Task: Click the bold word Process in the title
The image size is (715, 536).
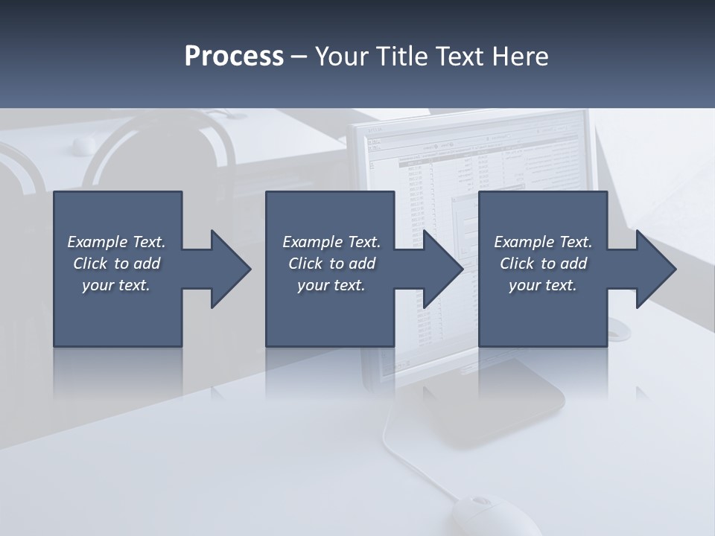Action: click(x=234, y=57)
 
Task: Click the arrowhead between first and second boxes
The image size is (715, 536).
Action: click(x=227, y=269)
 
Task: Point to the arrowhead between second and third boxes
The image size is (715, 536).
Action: click(x=439, y=269)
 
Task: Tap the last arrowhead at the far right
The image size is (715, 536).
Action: click(x=652, y=269)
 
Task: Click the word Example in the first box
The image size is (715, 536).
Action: click(x=98, y=242)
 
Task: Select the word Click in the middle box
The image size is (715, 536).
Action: click(x=305, y=264)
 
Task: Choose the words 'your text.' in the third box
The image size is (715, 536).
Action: click(x=542, y=285)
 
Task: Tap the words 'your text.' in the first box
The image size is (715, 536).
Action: click(x=116, y=285)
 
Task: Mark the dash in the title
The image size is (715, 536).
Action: click(x=299, y=57)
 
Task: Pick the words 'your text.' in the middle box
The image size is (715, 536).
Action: click(x=331, y=285)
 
